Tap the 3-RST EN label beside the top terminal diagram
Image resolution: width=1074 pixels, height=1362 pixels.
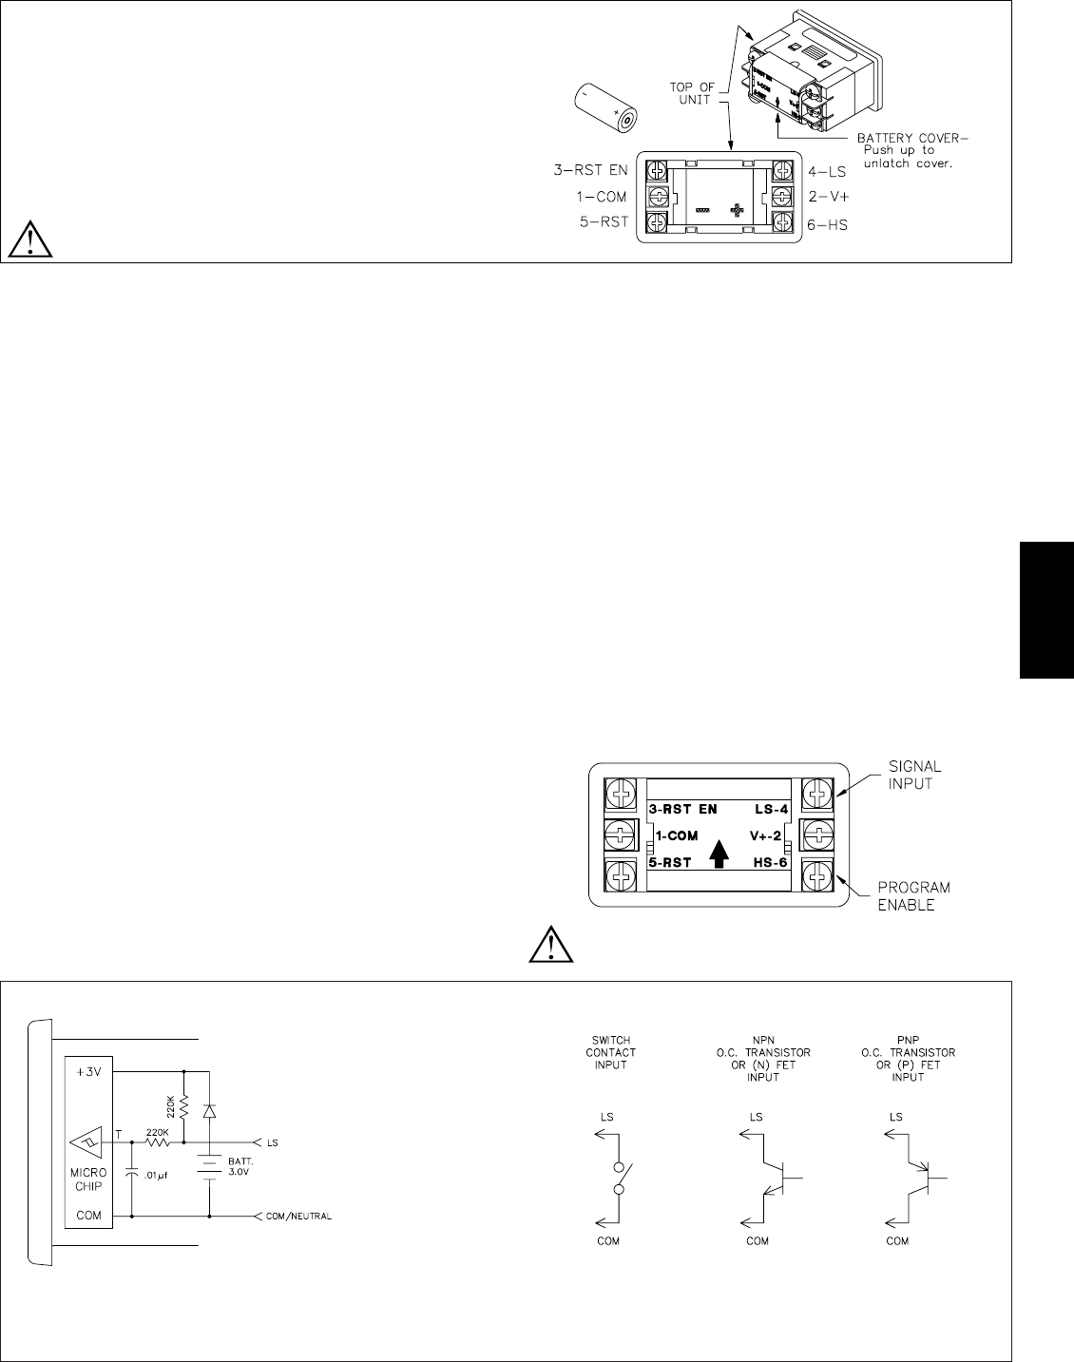point(590,171)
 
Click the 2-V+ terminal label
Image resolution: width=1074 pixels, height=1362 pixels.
point(826,197)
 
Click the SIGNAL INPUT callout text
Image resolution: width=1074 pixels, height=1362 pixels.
point(915,774)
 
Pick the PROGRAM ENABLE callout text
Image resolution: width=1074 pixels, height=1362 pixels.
point(914,895)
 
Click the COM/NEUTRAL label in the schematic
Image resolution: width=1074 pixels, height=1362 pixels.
point(299,1216)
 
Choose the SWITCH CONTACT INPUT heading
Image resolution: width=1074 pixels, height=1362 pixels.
point(610,1052)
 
